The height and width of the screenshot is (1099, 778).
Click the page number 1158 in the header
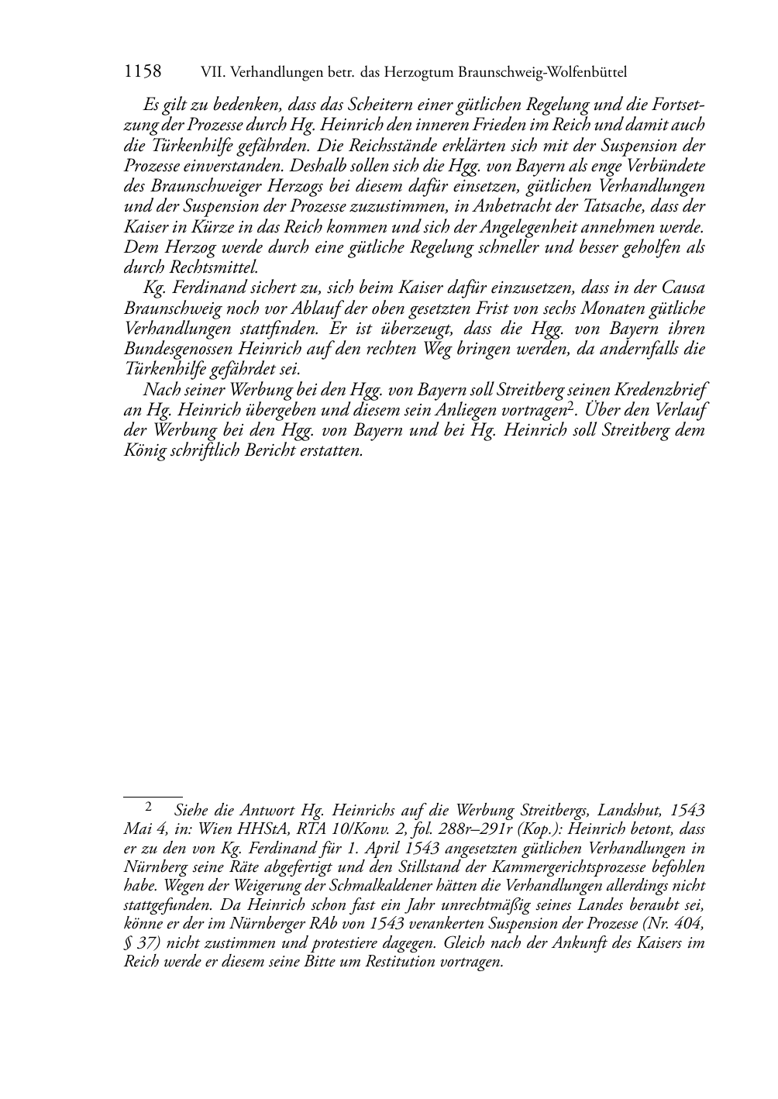coord(143,72)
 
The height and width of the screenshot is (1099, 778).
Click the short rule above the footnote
coord(153,795)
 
